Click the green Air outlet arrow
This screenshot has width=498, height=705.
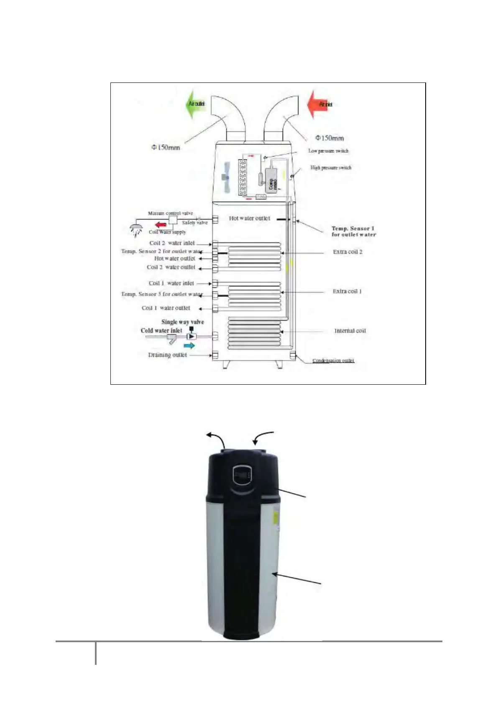point(195,103)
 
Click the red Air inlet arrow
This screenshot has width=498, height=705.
point(321,104)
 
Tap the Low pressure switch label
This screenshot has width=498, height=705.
point(328,151)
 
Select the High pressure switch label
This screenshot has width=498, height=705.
point(331,167)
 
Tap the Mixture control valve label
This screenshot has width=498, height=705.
point(170,213)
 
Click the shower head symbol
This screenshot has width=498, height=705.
point(136,230)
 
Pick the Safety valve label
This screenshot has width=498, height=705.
point(194,223)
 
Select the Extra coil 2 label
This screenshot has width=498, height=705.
point(347,252)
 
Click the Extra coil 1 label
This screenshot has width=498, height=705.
point(347,291)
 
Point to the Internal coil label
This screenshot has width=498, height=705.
point(350,331)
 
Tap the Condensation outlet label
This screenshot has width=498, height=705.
point(333,360)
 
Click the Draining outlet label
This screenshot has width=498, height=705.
point(167,355)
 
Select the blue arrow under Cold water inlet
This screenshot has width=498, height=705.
point(189,345)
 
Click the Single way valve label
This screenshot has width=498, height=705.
point(183,322)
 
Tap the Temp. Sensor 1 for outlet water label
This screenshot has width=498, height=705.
point(353,232)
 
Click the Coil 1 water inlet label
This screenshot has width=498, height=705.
point(171,283)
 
